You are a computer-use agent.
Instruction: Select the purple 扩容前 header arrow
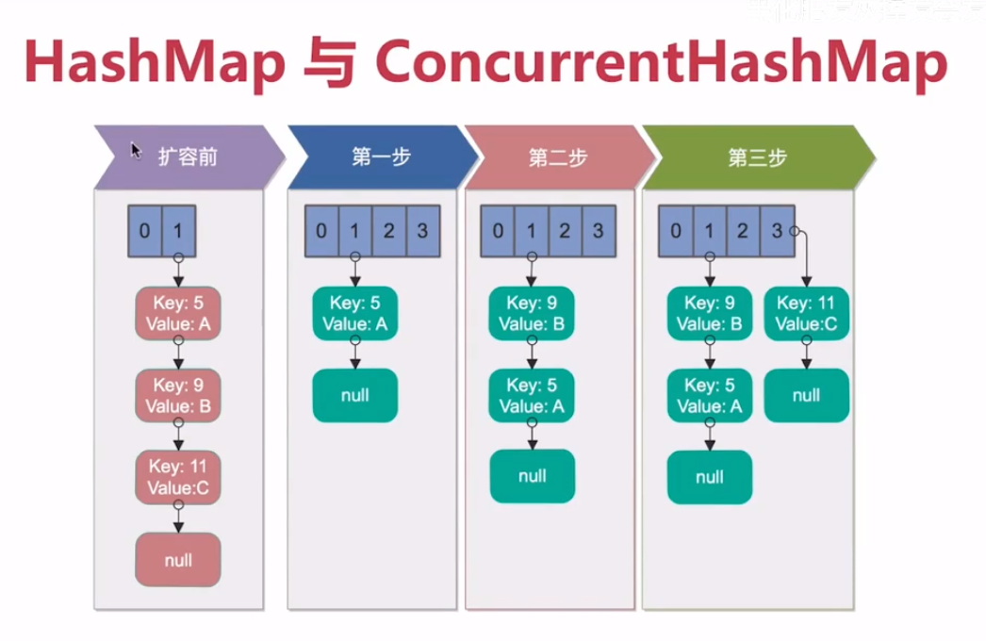(189, 156)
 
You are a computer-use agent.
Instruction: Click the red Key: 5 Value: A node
(177, 314)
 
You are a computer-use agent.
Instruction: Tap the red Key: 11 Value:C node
(177, 477)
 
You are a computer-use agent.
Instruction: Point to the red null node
(177, 560)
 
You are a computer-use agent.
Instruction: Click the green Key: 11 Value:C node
(806, 314)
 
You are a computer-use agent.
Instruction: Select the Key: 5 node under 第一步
(354, 314)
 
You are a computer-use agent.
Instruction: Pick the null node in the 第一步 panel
(354, 395)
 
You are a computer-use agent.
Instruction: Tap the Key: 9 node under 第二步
(532, 314)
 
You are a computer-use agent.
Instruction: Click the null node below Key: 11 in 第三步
(806, 395)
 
